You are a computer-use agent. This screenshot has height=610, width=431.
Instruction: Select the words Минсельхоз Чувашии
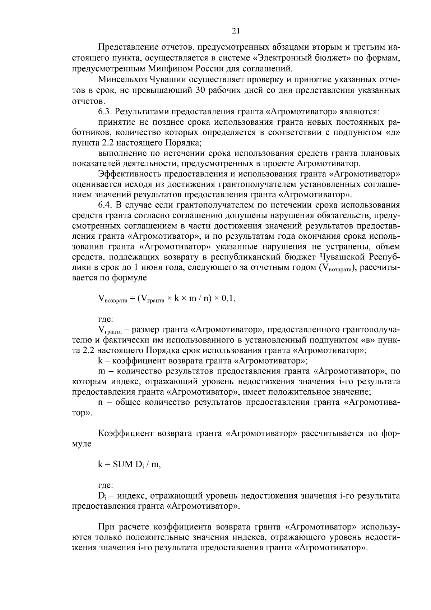point(137,79)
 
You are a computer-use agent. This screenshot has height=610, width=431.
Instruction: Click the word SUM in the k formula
point(123,464)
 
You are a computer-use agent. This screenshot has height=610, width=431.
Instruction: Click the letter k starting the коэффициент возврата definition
point(100,361)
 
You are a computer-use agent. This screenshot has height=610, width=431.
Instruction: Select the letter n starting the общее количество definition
point(101,402)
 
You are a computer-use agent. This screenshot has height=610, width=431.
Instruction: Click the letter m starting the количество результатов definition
point(101,371)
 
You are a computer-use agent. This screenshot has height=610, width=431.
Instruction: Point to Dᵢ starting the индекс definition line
point(102,496)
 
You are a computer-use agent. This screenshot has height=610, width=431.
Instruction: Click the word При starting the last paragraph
point(106,527)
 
